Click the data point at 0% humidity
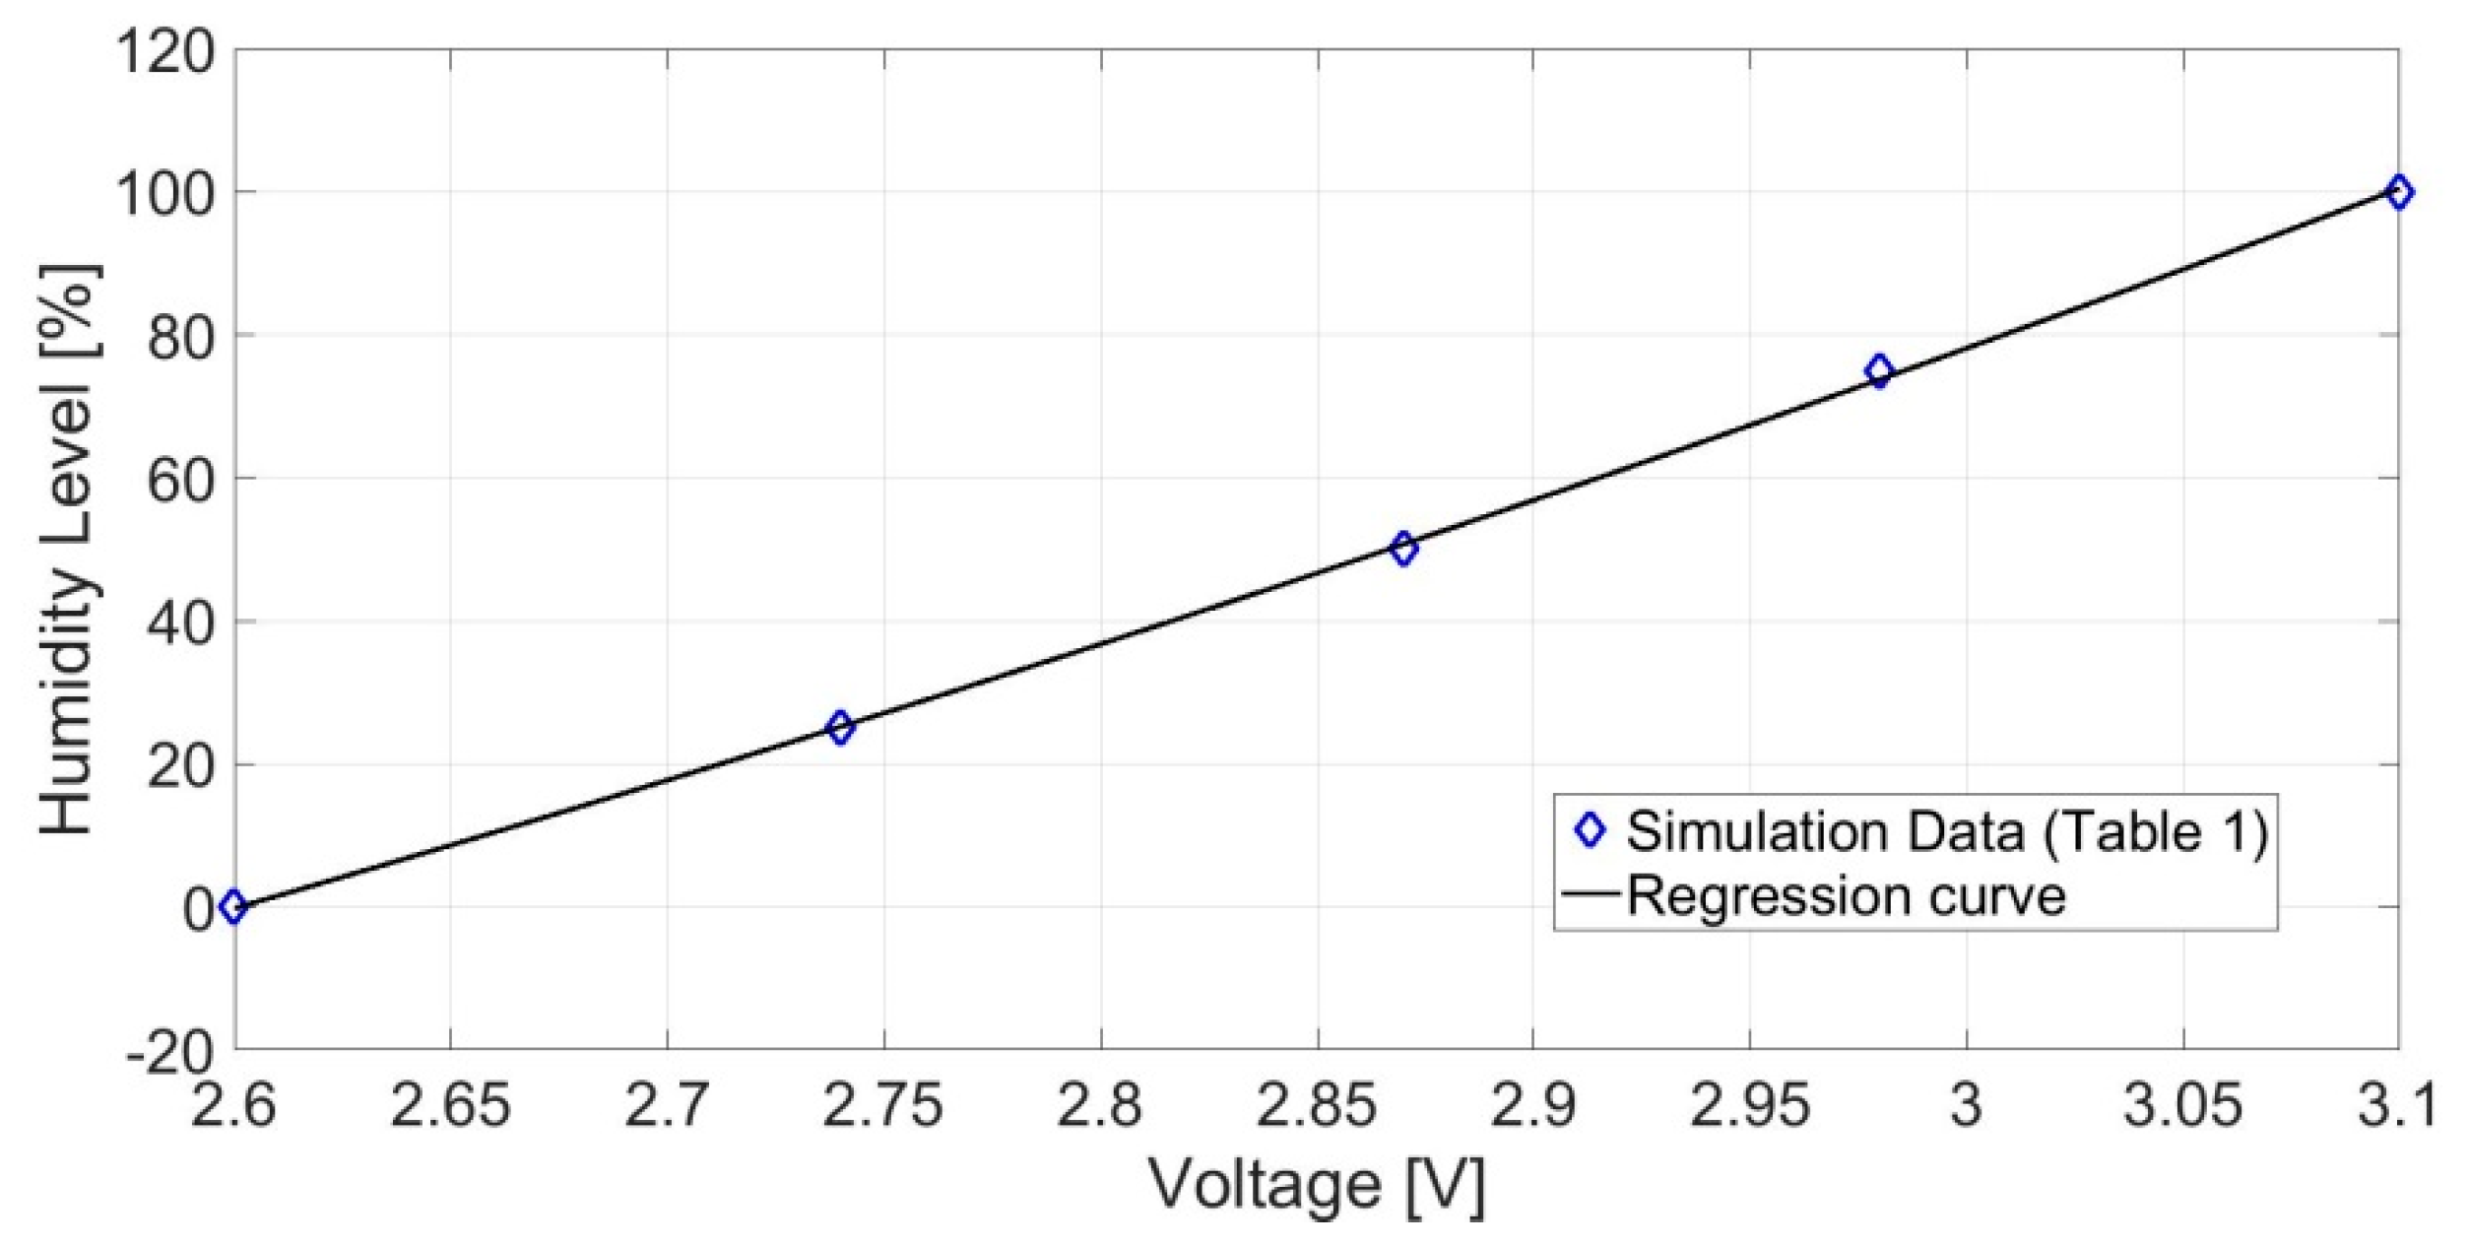[233, 906]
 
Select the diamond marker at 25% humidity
[839, 728]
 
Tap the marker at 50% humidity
[1404, 549]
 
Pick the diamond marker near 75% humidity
[1879, 371]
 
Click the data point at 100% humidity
[2400, 192]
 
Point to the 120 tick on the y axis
[165, 51]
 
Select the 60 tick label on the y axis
[180, 480]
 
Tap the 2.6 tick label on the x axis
[234, 1105]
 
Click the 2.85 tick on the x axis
[1317, 1105]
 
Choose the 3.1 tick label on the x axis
[2398, 1105]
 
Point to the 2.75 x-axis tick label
[883, 1105]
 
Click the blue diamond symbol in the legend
[1590, 831]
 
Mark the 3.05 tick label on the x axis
[2182, 1105]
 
